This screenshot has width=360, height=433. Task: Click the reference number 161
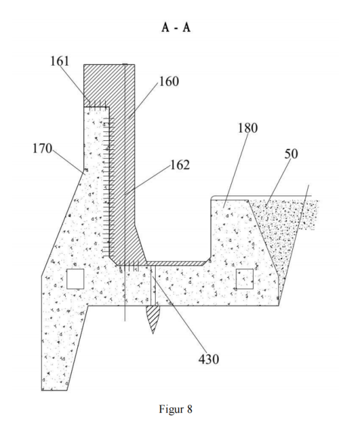pyautogui.click(x=59, y=61)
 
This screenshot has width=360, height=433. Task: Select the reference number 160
pyautogui.click(x=169, y=82)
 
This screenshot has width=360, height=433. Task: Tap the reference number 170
pyautogui.click(x=43, y=148)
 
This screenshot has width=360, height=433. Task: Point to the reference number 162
pyautogui.click(x=180, y=165)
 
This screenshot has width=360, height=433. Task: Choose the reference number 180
pyautogui.click(x=248, y=128)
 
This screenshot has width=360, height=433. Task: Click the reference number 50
pyautogui.click(x=291, y=154)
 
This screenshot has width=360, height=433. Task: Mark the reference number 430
pyautogui.click(x=209, y=359)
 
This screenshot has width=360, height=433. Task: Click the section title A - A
pyautogui.click(x=176, y=28)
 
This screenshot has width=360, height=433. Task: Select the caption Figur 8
pyautogui.click(x=175, y=409)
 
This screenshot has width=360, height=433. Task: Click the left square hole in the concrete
pyautogui.click(x=75, y=279)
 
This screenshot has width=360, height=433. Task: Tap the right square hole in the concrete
pyautogui.click(x=245, y=279)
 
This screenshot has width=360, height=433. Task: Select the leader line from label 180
pyautogui.click(x=236, y=170)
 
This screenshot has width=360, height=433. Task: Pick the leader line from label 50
pyautogui.click(x=278, y=183)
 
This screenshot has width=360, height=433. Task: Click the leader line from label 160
pyautogui.click(x=144, y=100)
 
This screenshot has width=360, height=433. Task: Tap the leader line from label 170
pyautogui.click(x=68, y=161)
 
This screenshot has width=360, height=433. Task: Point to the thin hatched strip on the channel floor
pyautogui.click(x=177, y=263)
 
